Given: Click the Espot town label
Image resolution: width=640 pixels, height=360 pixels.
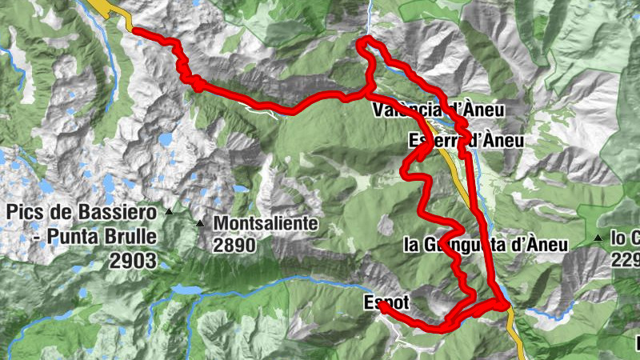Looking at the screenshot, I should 386,302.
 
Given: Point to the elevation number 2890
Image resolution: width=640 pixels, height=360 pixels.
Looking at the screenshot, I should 234,246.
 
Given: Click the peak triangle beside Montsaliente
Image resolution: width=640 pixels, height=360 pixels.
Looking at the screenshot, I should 200,224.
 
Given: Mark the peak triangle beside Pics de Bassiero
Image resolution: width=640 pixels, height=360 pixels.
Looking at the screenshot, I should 169,212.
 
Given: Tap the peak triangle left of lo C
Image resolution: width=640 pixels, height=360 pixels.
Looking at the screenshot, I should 598,238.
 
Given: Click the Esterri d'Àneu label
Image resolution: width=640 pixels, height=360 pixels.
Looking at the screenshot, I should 466,142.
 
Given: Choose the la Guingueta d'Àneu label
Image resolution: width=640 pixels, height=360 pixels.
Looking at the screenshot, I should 486,245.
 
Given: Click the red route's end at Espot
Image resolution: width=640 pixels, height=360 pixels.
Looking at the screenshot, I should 382,305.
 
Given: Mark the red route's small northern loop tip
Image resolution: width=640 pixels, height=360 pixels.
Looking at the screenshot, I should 366,39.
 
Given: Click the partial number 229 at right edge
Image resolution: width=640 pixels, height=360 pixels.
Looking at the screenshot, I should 626,260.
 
